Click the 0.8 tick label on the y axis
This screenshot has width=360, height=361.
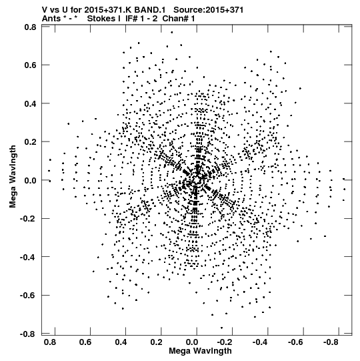30,27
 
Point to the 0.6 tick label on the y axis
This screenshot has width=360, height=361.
30,65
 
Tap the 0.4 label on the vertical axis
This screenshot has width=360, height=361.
30,103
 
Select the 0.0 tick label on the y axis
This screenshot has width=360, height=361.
30,180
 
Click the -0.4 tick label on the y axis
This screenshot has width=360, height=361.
28,257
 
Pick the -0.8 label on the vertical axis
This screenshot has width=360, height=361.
28,334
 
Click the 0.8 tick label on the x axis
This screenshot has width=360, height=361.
50,342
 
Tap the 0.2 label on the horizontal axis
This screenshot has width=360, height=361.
157,342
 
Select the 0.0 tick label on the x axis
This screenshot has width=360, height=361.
192,342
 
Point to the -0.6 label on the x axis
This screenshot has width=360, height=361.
295,342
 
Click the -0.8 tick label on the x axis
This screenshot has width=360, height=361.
331,342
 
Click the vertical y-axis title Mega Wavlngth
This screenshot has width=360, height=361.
13,177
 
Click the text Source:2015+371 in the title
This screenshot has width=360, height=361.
209,10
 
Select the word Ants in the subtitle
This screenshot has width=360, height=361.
51,19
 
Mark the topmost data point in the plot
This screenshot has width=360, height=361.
171,33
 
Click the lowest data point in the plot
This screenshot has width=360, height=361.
221,328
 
